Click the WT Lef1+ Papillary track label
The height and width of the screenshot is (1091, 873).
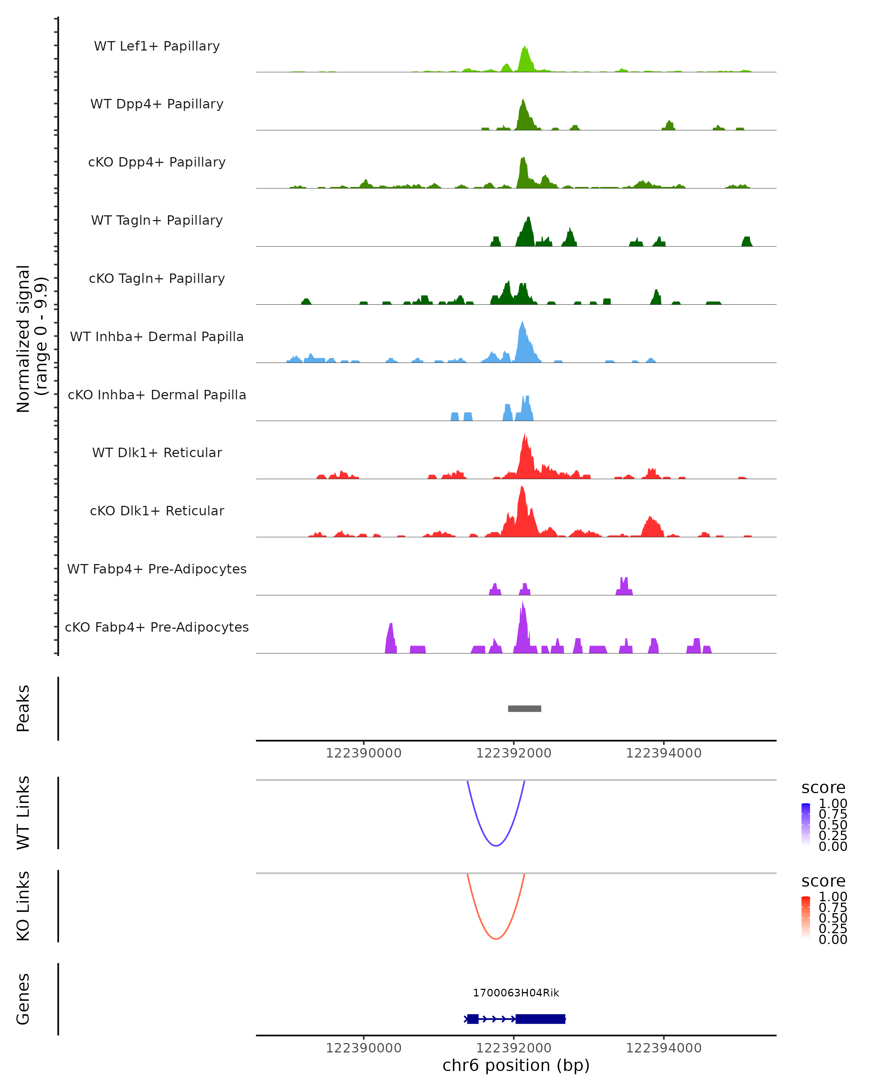tap(157, 46)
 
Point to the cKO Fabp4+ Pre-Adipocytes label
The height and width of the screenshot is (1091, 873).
tap(157, 627)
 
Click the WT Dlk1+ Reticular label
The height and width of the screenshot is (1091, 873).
tap(157, 452)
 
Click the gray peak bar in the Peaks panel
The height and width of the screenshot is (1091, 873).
tap(524, 708)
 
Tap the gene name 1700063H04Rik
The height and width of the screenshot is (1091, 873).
tap(516, 993)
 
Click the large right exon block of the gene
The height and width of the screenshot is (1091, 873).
tap(540, 1019)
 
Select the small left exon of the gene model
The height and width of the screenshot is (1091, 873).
tap(473, 1019)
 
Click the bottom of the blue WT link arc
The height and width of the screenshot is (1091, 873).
tap(496, 846)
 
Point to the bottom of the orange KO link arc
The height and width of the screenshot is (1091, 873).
tap(496, 939)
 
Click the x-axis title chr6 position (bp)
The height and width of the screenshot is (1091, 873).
tap(516, 1065)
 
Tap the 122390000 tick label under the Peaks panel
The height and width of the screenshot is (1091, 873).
tap(363, 753)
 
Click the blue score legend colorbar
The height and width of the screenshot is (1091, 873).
tap(806, 824)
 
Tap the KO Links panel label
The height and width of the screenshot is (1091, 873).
tap(23, 906)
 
